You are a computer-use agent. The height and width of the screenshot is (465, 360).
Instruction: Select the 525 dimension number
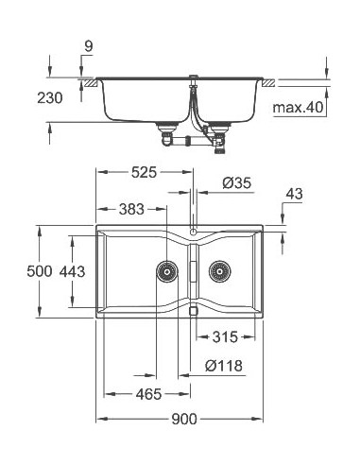click(145, 172)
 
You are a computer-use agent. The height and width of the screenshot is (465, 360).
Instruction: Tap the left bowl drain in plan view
click(165, 270)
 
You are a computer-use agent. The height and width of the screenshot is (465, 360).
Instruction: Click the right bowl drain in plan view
click(220, 270)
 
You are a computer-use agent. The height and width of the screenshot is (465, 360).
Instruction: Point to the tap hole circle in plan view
click(193, 231)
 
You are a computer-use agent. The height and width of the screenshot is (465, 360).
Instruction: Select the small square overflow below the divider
click(193, 308)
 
